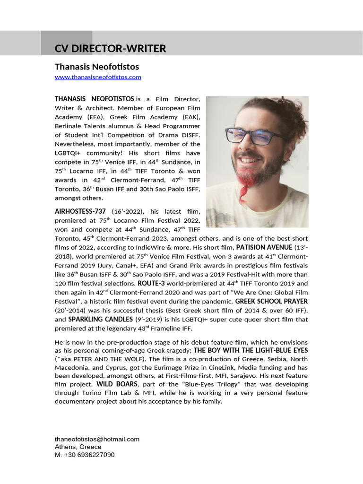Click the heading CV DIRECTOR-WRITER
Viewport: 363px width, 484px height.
coord(110,49)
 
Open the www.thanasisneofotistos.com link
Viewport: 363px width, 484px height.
coord(98,77)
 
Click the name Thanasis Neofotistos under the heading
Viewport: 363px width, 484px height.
coord(97,67)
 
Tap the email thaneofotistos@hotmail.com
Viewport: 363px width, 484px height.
coord(97,439)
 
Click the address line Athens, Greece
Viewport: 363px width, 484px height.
coord(78,447)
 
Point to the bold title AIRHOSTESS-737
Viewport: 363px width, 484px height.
coord(80,211)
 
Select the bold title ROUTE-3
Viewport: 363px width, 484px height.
coord(151,284)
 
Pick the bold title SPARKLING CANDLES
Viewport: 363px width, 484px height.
coord(94,320)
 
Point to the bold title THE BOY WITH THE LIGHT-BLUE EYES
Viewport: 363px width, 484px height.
coord(251,350)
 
